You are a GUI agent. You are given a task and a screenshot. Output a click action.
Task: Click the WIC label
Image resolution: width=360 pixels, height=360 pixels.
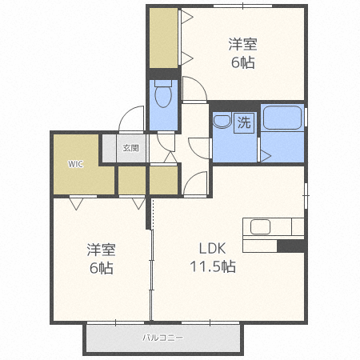[75, 164]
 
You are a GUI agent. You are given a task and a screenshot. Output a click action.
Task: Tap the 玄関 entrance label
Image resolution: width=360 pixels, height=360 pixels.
[131, 148]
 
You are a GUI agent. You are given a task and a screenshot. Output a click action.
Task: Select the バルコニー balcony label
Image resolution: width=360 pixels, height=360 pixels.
[162, 338]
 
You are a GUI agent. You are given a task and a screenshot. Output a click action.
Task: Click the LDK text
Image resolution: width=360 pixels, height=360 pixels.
[213, 248]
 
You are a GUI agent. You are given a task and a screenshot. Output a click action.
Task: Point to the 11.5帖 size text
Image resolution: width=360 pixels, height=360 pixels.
[213, 266]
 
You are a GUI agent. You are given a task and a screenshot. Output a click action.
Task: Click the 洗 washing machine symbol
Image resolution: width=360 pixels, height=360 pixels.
[244, 123]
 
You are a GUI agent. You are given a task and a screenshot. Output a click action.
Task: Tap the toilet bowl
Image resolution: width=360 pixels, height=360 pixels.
[163, 94]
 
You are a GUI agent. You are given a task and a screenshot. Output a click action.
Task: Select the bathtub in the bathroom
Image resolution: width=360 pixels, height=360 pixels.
[282, 118]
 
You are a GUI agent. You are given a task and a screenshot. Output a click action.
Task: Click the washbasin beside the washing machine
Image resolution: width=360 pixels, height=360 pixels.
[222, 122]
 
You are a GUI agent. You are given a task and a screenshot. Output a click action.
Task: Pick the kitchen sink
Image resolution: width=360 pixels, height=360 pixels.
[260, 226]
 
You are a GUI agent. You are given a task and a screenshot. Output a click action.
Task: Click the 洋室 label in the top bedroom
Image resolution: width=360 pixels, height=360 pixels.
[242, 44]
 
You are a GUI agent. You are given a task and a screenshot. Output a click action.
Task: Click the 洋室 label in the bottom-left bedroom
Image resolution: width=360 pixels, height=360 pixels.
[101, 250]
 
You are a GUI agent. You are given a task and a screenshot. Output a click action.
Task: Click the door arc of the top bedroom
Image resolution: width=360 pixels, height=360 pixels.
[201, 82]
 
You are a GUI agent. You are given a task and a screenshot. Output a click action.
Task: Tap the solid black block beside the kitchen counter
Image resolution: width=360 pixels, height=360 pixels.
[291, 246]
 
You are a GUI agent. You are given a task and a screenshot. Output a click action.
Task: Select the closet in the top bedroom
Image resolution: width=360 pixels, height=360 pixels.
[163, 38]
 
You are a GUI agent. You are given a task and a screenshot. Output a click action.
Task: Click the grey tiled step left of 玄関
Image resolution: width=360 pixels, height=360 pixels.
[110, 148]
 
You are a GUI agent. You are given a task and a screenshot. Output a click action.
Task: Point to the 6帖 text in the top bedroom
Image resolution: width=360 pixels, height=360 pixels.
[242, 62]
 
